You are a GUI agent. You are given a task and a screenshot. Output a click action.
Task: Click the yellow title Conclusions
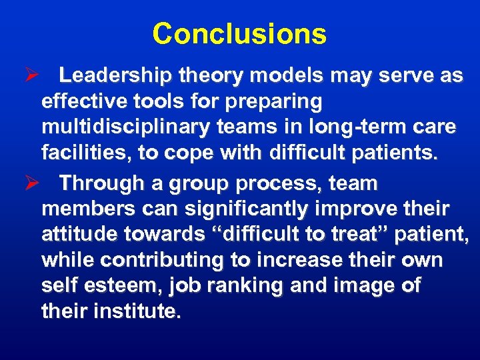pyautogui.click(x=239, y=34)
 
